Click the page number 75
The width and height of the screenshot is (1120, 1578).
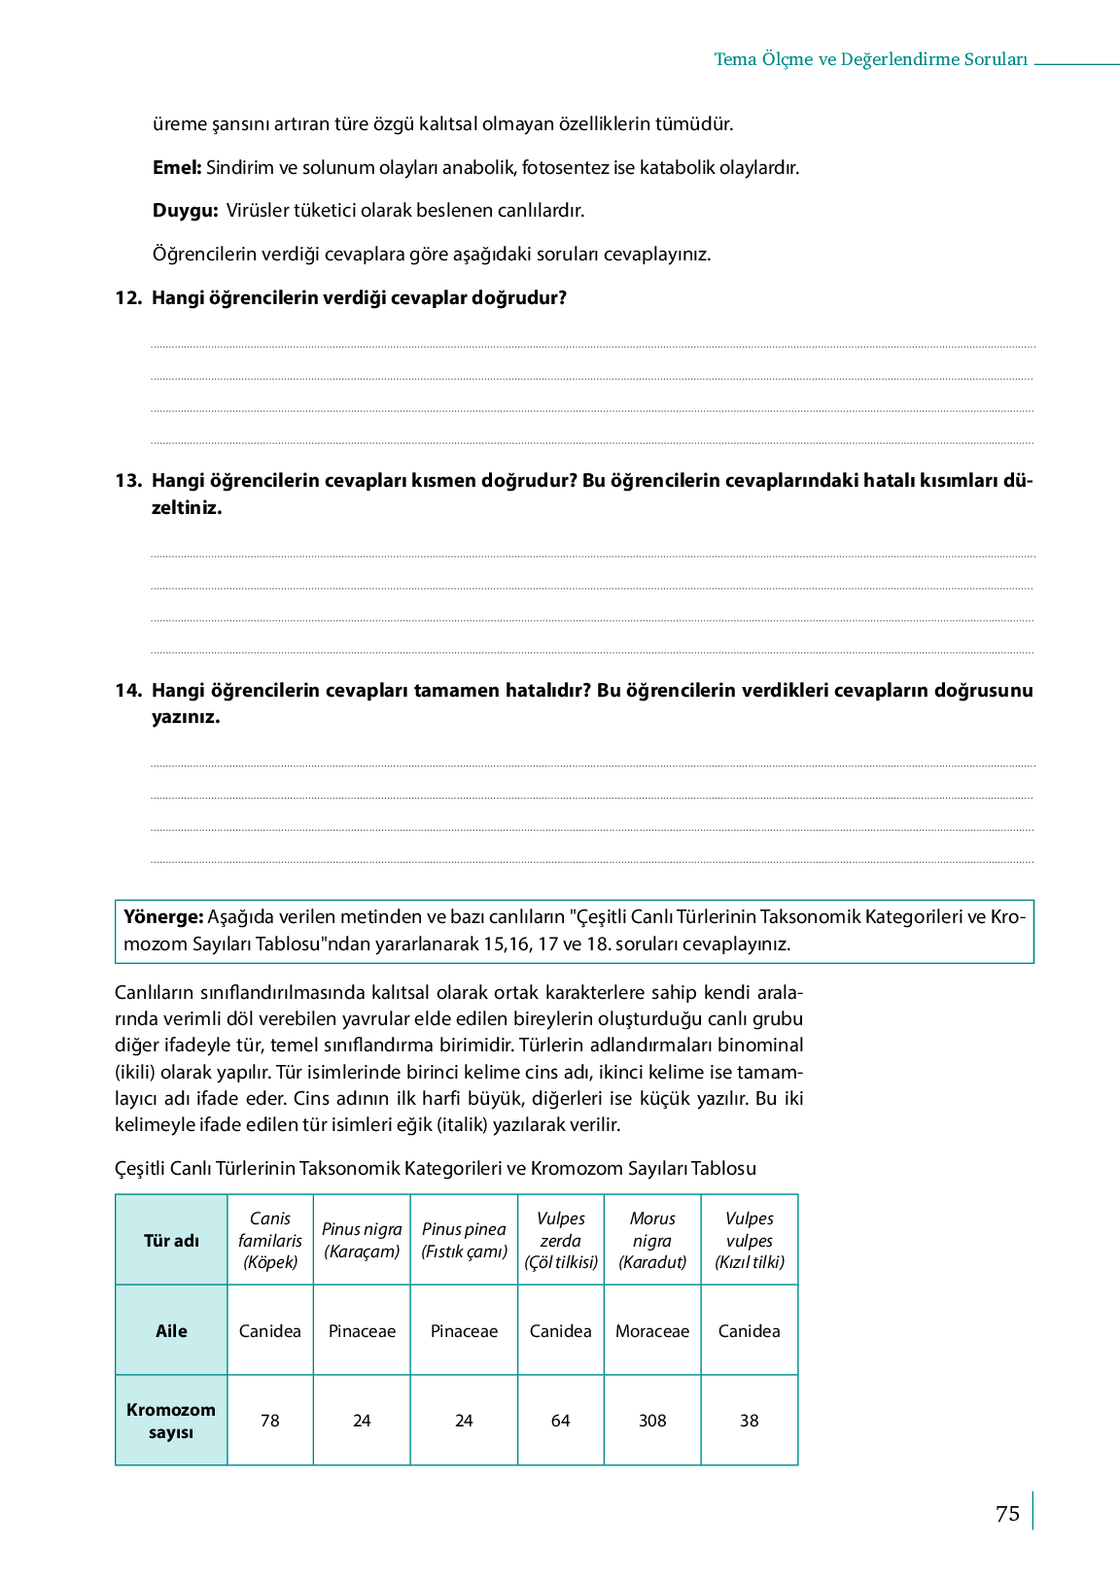(x=1007, y=1514)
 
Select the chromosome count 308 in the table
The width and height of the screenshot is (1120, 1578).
(x=652, y=1421)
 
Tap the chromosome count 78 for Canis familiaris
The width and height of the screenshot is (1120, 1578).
(x=270, y=1421)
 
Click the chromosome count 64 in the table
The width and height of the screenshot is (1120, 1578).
(x=561, y=1421)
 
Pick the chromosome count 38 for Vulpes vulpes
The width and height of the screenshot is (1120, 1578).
(x=749, y=1421)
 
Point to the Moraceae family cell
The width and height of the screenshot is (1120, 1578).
(x=652, y=1331)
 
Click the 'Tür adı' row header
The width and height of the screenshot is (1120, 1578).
(x=171, y=1241)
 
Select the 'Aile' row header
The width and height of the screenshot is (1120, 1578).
(x=171, y=1331)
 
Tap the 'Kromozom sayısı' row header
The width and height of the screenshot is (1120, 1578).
(x=171, y=1421)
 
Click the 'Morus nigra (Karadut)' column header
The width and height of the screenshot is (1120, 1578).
(x=652, y=1241)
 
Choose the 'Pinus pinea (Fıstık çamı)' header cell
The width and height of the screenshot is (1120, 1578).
(x=464, y=1241)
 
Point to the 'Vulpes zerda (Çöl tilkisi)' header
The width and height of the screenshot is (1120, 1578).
(x=561, y=1241)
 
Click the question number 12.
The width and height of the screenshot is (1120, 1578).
(x=128, y=298)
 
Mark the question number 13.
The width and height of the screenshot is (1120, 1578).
(x=128, y=481)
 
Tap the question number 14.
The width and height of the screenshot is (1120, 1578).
(x=128, y=691)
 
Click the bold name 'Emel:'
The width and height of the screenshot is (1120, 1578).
(x=177, y=168)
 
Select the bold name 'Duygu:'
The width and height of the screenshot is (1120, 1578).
(x=185, y=211)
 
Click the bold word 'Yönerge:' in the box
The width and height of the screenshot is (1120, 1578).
(x=163, y=917)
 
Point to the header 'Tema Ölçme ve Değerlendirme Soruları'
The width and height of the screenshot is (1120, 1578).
(x=870, y=60)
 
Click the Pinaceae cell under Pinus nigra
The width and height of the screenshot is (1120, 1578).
(x=362, y=1331)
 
